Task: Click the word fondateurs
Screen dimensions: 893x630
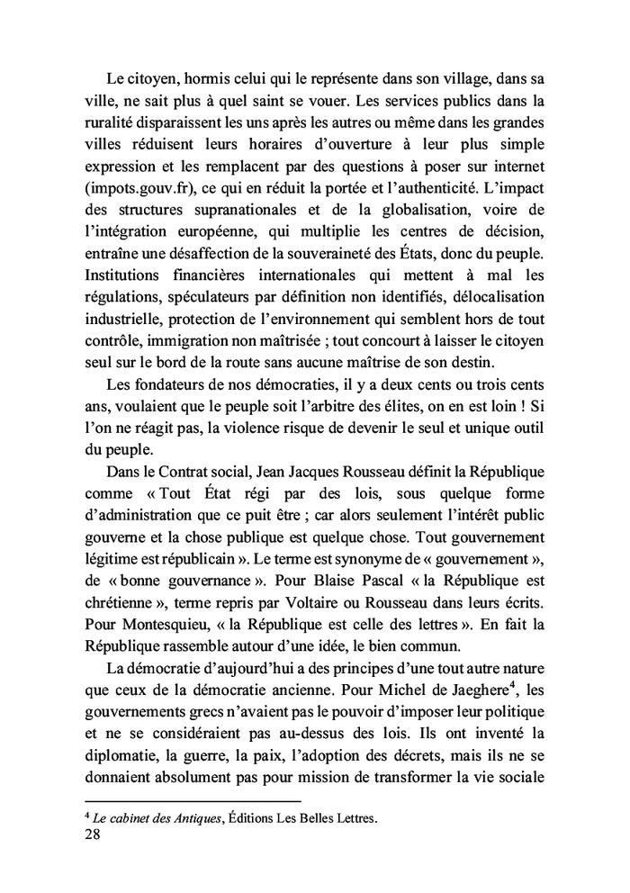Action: pyautogui.click(x=157, y=384)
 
